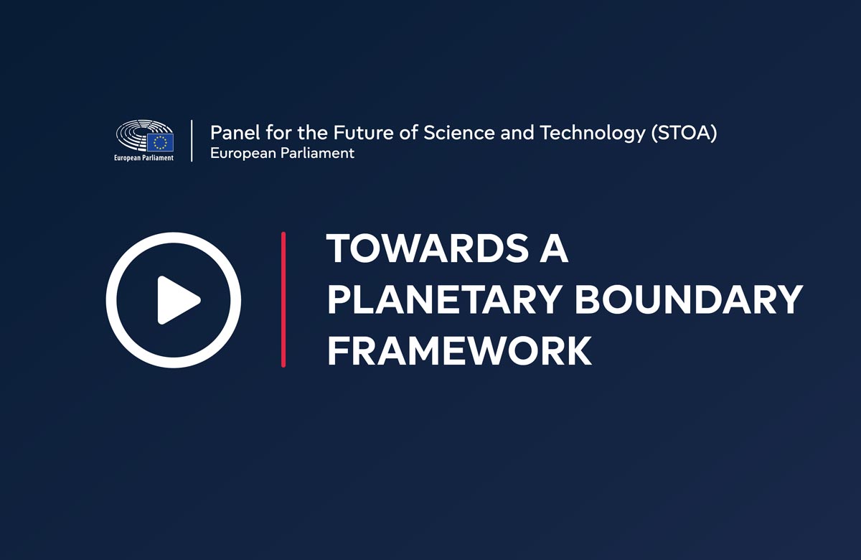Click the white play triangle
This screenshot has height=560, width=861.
pyautogui.click(x=176, y=300)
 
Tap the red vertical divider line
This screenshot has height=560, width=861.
pyautogui.click(x=283, y=299)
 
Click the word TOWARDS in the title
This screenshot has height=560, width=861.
pyautogui.click(x=428, y=248)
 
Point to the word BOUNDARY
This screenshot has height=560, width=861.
pyautogui.click(x=689, y=300)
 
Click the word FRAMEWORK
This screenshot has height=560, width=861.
pyautogui.click(x=459, y=351)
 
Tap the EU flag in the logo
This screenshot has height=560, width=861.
pyautogui.click(x=161, y=142)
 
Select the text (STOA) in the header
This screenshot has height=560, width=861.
pyautogui.click(x=684, y=133)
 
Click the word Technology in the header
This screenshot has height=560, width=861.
pyautogui.click(x=593, y=133)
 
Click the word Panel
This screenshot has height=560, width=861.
pyautogui.click(x=235, y=133)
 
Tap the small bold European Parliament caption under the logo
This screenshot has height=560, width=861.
pyautogui.click(x=143, y=158)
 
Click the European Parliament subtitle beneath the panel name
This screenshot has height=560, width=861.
pyautogui.click(x=282, y=154)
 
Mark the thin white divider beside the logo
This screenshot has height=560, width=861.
pyautogui.click(x=192, y=141)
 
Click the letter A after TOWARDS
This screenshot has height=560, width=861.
pyautogui.click(x=553, y=248)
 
